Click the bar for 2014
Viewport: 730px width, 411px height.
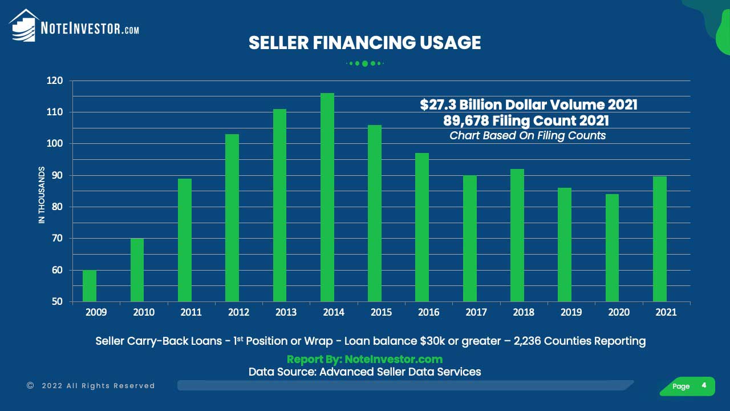point(327,197)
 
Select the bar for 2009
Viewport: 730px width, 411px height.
point(90,285)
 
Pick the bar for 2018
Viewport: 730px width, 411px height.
point(517,235)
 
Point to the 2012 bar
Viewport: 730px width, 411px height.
point(232,217)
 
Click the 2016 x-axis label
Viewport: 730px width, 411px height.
point(428,312)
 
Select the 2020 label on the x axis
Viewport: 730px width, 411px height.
point(618,312)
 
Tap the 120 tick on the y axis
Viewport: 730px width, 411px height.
point(55,81)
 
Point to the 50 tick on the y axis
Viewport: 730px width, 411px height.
point(57,301)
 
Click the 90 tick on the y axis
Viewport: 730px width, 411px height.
point(57,175)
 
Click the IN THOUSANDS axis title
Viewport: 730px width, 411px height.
point(42,195)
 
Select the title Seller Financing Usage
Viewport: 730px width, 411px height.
point(364,43)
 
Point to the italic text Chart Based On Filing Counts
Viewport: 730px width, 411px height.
point(528,136)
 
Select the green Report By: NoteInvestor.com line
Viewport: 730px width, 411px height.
point(364,359)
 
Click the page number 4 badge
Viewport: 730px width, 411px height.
point(704,386)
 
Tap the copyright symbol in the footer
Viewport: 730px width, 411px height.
point(30,386)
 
